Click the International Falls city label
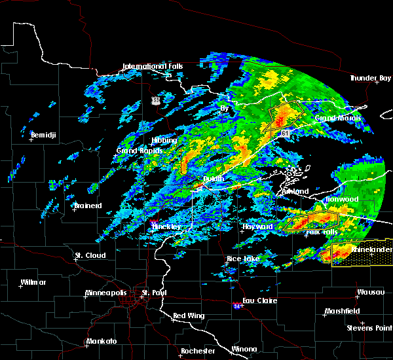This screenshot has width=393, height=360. pos(153,66)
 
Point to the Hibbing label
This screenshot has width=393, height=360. pos(164,140)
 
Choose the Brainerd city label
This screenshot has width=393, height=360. pos(87,206)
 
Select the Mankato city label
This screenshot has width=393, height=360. pos(102,341)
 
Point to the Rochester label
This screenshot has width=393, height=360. pos(197,351)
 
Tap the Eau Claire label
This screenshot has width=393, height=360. pos(259,301)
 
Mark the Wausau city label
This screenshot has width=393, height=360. pos(371,292)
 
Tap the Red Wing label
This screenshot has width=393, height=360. pos(188,315)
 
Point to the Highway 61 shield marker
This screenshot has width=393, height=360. pos(286,133)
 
